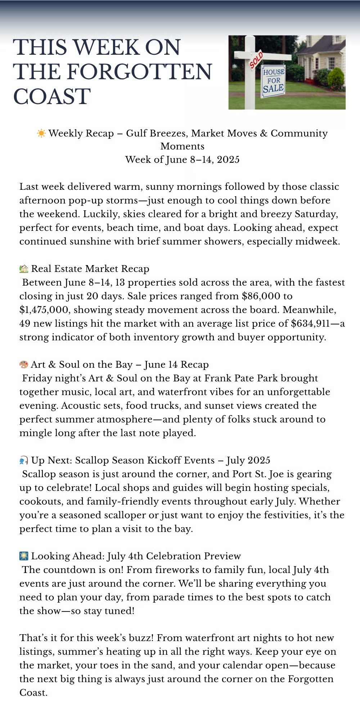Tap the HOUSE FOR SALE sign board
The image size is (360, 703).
coord(273,81)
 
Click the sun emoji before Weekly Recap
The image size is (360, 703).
coord(41,133)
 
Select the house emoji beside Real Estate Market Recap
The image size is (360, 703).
coord(24,269)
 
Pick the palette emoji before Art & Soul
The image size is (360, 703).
coord(24,364)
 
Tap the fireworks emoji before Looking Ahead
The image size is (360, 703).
coord(24,556)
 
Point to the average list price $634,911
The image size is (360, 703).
coord(310,323)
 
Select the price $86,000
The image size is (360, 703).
coord(261,296)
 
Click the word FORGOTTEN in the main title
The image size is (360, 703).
coord(139,72)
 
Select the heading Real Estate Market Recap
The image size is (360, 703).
coord(90,269)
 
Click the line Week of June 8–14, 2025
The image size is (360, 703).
coord(182,160)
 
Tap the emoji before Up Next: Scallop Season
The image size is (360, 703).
coord(24,460)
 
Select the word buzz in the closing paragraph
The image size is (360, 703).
coord(140,638)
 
